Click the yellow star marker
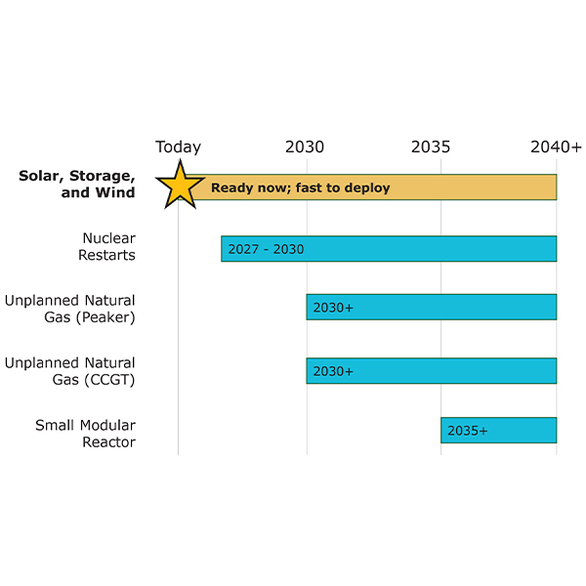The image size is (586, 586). [180, 185]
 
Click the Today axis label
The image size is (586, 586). [178, 147]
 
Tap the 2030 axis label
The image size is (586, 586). [305, 147]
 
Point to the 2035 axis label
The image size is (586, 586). [431, 147]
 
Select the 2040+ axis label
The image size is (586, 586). [556, 147]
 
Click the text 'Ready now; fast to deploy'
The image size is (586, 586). [300, 188]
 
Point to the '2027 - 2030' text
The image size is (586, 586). [266, 249]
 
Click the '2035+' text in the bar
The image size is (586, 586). [467, 430]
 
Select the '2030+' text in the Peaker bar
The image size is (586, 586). [333, 308]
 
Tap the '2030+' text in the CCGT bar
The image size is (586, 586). [333, 371]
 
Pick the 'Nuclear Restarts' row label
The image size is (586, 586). [107, 246]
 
